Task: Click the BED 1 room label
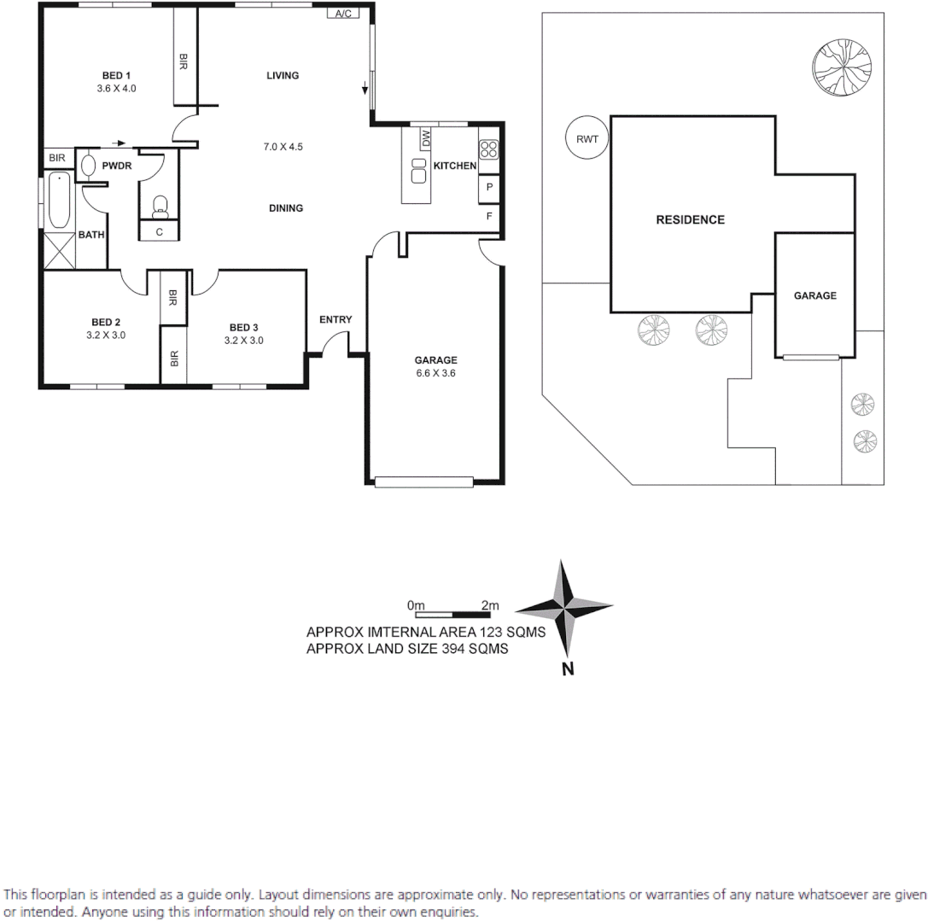(x=110, y=75)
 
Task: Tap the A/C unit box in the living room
(x=343, y=14)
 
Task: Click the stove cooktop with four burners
(x=488, y=150)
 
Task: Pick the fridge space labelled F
(x=489, y=216)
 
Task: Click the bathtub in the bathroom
(x=59, y=200)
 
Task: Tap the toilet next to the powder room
(x=160, y=204)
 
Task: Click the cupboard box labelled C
(x=159, y=231)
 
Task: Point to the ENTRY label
(x=336, y=320)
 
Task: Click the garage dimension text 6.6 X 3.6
(x=436, y=373)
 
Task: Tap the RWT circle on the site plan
(x=587, y=137)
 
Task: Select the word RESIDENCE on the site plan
(x=690, y=219)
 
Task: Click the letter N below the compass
(x=567, y=669)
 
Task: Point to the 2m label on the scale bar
(x=489, y=605)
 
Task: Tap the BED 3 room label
(x=243, y=327)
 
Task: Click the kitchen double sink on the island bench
(x=419, y=170)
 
